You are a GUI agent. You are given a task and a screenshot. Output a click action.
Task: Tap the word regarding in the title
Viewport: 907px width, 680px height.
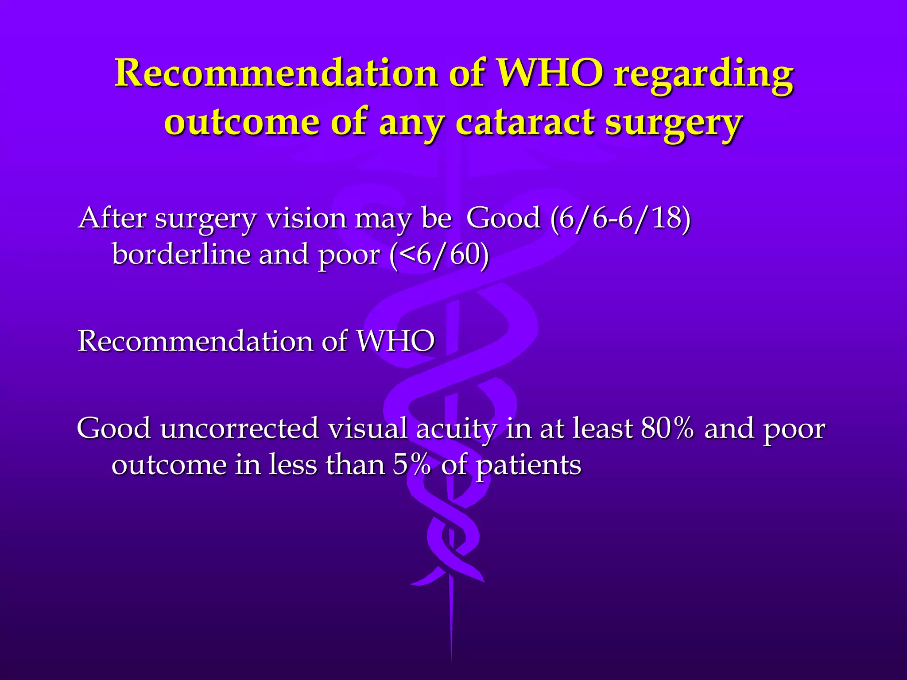(x=703, y=75)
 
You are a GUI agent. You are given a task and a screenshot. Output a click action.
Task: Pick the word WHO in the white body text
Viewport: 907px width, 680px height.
(x=395, y=341)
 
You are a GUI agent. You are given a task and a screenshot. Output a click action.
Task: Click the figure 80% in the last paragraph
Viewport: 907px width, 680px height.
(x=667, y=429)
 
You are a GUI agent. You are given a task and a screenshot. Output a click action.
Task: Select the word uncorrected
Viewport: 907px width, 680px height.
(x=239, y=429)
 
